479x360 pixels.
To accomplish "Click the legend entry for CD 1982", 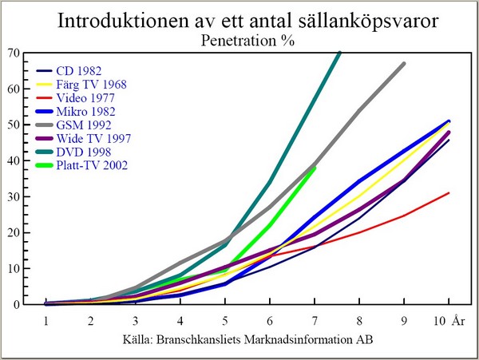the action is [79, 71].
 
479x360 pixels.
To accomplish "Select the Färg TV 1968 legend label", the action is [91, 85].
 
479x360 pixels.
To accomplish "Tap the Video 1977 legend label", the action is [85, 98].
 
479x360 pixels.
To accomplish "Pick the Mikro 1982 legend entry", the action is [86, 112].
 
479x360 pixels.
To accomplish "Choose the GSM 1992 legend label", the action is [84, 125].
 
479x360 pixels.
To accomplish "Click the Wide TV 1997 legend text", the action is [93, 139].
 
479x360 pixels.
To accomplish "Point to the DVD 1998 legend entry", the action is [84, 152].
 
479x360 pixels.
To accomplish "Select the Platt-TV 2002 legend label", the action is [92, 165].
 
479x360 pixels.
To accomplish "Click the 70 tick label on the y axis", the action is [14, 53].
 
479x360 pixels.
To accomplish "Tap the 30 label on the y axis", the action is [14, 196].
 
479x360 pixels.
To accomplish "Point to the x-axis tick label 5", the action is [225, 321].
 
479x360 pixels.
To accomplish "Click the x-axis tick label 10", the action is [440, 321].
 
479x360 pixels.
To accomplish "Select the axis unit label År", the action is [458, 320].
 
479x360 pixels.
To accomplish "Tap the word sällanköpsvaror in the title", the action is [368, 22].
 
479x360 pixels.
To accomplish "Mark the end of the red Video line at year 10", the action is [449, 193].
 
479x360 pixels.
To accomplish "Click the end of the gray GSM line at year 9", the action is [404, 64].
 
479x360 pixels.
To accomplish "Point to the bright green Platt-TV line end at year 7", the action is [315, 168].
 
